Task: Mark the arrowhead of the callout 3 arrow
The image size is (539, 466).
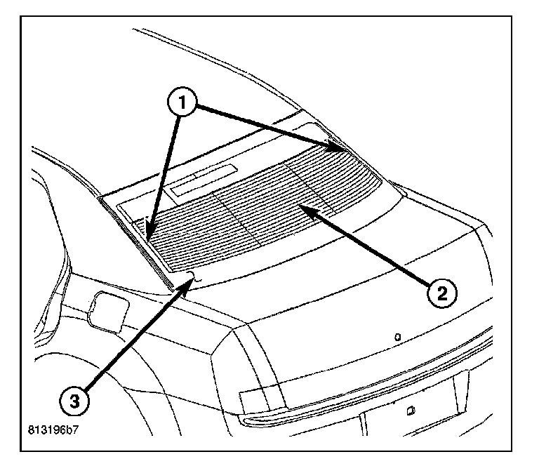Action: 191,279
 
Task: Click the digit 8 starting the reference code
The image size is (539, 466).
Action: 32,427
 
